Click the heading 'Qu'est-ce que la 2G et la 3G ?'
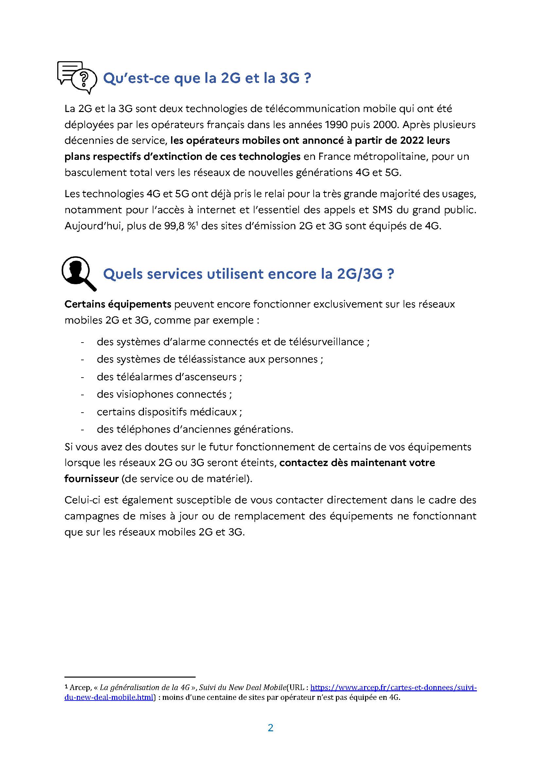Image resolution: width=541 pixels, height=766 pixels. (x=207, y=78)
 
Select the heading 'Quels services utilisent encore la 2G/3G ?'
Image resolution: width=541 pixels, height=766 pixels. (x=249, y=274)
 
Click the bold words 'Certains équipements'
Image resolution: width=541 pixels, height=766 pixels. (x=118, y=304)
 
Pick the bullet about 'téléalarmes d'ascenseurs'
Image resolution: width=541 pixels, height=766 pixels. (x=169, y=377)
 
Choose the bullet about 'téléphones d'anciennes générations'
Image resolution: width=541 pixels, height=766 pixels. (x=195, y=429)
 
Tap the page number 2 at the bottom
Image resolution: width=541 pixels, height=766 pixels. (x=270, y=728)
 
